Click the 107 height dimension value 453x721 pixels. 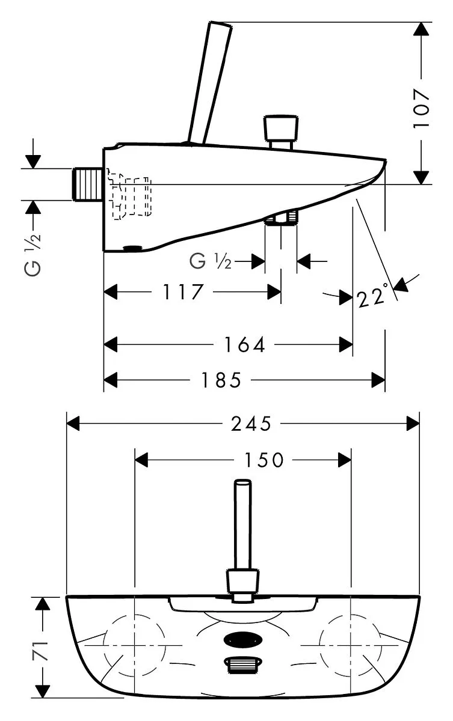pyautogui.click(x=422, y=108)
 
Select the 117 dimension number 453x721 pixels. pyautogui.click(x=183, y=291)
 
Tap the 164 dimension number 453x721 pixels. pyautogui.click(x=244, y=344)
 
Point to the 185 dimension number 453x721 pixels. pyautogui.click(x=221, y=380)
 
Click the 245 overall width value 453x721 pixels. pyautogui.click(x=251, y=424)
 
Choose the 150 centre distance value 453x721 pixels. pyautogui.click(x=264, y=460)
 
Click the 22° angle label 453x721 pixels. pyautogui.click(x=373, y=296)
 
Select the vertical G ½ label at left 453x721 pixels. pyautogui.click(x=33, y=255)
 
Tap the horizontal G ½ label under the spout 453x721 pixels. pyautogui.click(x=211, y=261)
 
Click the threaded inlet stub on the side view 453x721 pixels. pyautogui.click(x=87, y=184)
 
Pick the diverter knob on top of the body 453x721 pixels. pyautogui.click(x=280, y=132)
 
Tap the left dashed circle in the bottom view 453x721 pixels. pyautogui.click(x=134, y=645)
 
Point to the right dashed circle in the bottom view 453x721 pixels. pyautogui.click(x=351, y=645)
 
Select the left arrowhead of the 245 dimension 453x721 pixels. pyautogui.click(x=73, y=424)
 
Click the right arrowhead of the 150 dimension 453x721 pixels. pyautogui.click(x=345, y=460)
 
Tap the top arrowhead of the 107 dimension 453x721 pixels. pyautogui.click(x=422, y=29)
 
